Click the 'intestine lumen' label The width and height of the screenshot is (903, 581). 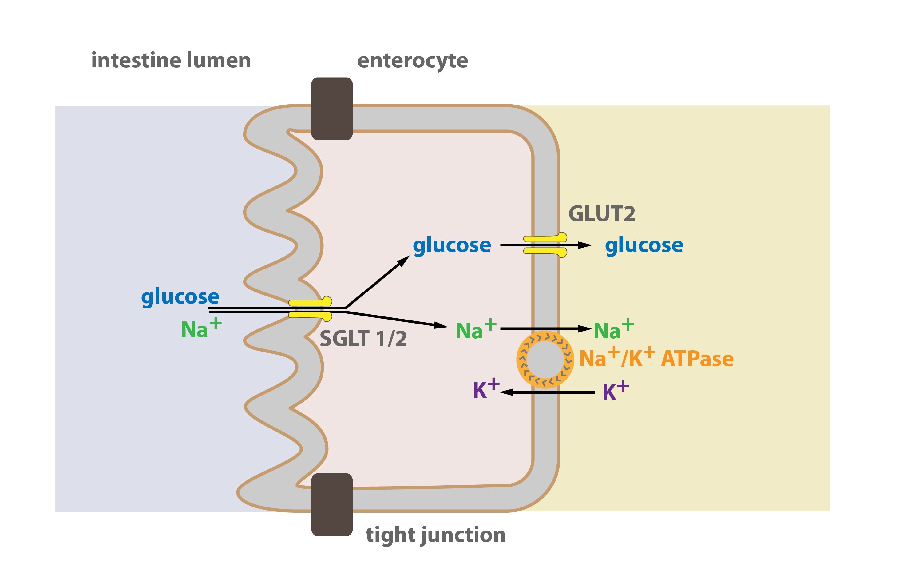pos(171,60)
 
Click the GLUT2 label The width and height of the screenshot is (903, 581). pos(602,214)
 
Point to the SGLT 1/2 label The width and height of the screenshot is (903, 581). pos(363,338)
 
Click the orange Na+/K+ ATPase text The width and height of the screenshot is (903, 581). pos(656,357)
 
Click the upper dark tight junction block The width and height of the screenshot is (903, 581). pos(332,109)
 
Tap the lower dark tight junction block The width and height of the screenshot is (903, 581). pos(332,505)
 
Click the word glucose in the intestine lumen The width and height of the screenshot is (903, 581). pos(180,297)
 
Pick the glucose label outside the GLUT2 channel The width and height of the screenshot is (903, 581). pos(644,246)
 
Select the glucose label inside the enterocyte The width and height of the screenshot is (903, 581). pos(452,246)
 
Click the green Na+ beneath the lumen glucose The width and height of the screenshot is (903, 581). pos(201,328)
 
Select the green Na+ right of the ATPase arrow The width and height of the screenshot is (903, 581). pos(614,329)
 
